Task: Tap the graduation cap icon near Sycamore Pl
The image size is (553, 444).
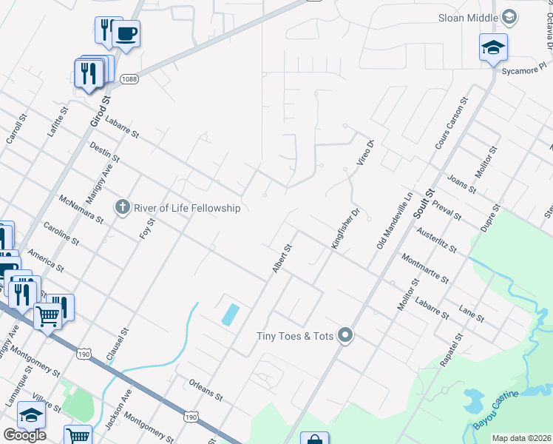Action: click(x=493, y=49)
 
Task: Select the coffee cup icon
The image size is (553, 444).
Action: click(x=126, y=34)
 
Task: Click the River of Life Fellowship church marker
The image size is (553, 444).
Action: click(x=123, y=207)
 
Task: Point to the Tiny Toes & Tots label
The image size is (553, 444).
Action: click(x=296, y=336)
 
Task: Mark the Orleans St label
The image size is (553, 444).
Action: click(x=206, y=391)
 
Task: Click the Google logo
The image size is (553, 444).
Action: click(x=24, y=435)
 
